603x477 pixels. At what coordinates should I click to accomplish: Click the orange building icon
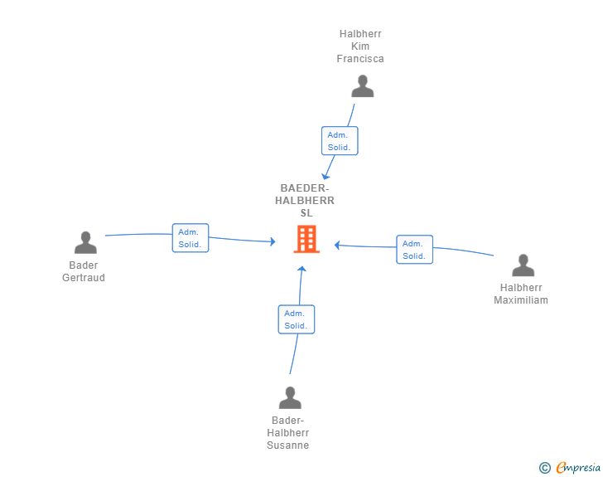click(x=306, y=239)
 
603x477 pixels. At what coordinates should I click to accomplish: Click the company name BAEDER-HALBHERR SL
click(x=305, y=201)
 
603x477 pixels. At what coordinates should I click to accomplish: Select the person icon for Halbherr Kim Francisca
click(x=362, y=86)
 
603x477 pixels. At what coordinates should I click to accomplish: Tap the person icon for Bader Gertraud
click(x=85, y=242)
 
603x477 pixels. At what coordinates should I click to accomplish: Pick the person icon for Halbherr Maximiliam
click(x=523, y=265)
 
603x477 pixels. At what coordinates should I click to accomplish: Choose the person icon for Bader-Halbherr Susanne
click(x=290, y=397)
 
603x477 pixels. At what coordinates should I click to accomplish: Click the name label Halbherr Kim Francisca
click(x=360, y=46)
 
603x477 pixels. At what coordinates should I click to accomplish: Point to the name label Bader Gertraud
click(x=84, y=271)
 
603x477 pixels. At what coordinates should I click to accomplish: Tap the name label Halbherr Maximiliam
click(x=521, y=294)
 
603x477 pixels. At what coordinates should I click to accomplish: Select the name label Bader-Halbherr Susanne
click(x=288, y=433)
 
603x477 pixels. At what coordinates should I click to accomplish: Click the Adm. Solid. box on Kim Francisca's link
click(x=340, y=141)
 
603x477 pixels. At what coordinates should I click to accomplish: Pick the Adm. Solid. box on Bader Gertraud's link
click(x=191, y=238)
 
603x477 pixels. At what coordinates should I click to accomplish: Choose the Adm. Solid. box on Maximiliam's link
click(x=414, y=250)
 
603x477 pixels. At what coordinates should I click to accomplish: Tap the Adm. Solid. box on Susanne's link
click(x=297, y=319)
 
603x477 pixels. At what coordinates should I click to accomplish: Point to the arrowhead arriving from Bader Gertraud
click(x=273, y=241)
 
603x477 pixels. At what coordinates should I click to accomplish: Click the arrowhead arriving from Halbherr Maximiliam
click(x=337, y=245)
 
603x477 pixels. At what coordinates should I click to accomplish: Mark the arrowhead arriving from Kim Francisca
click(x=326, y=177)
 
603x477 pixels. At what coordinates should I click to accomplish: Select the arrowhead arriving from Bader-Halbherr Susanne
click(x=302, y=269)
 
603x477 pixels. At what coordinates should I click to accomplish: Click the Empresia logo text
click(x=578, y=467)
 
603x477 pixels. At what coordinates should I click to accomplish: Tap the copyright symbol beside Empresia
click(x=545, y=468)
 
